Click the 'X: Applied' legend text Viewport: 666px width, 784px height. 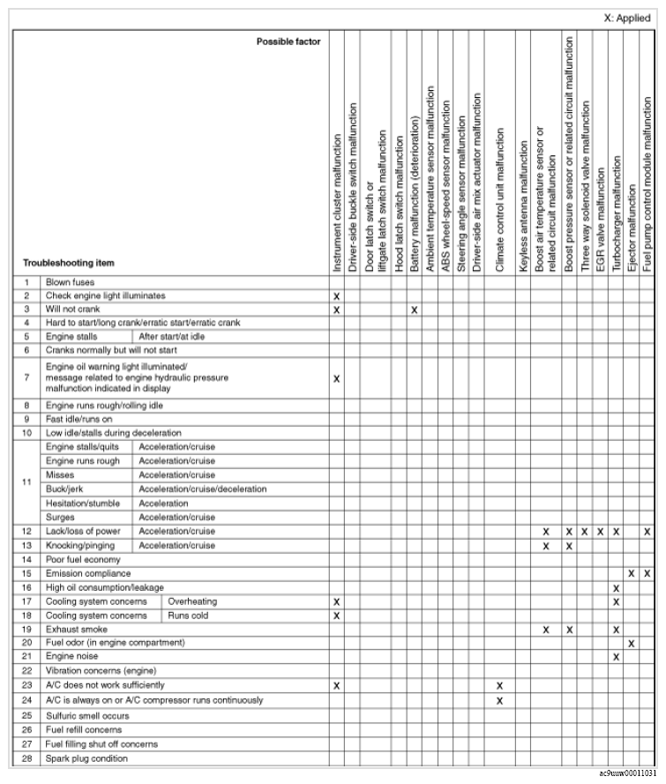[x=626, y=17]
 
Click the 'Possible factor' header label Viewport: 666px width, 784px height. [x=288, y=41]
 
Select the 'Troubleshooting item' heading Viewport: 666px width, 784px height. [x=68, y=263]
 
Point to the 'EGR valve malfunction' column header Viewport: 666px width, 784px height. [x=601, y=220]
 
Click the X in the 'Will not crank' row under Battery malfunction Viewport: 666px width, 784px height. [x=414, y=310]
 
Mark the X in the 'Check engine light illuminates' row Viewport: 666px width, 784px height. [x=336, y=296]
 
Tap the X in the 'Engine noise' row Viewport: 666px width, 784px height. [x=617, y=657]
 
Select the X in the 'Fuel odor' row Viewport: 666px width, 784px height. [x=632, y=643]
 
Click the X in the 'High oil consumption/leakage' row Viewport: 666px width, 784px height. [x=617, y=587]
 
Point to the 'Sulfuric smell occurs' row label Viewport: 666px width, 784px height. [x=86, y=715]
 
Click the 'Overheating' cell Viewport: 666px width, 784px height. [x=192, y=601]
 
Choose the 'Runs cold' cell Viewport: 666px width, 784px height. [x=188, y=616]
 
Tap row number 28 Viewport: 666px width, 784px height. [x=26, y=758]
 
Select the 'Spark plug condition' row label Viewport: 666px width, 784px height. [x=86, y=758]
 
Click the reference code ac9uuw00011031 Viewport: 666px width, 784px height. [x=627, y=773]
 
